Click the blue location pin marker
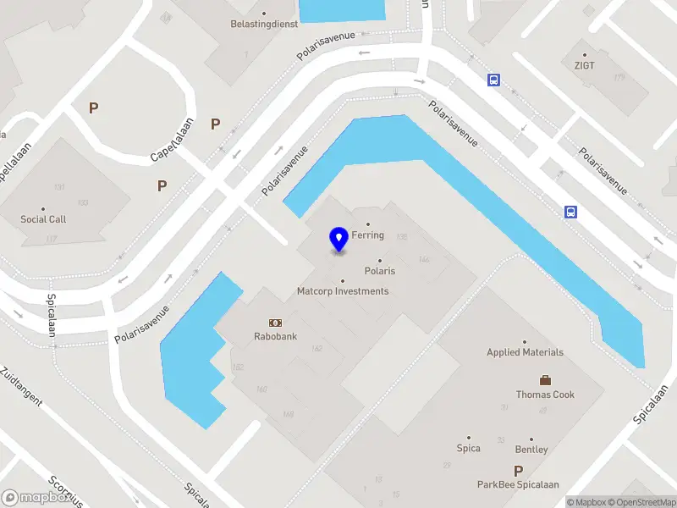339,240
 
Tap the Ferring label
369,235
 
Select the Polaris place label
379,271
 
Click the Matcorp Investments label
343,291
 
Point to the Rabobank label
275,336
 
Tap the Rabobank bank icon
275,323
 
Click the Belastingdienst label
264,25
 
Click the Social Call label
43,219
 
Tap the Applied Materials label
525,352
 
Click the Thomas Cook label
545,395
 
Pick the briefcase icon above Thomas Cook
545,380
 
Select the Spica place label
468,449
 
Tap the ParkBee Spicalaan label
518,485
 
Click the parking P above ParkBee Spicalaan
518,471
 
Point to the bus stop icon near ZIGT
493,80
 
